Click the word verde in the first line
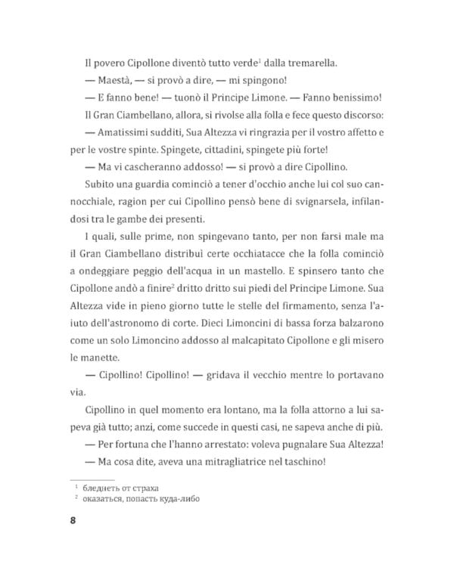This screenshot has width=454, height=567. [219, 64]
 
